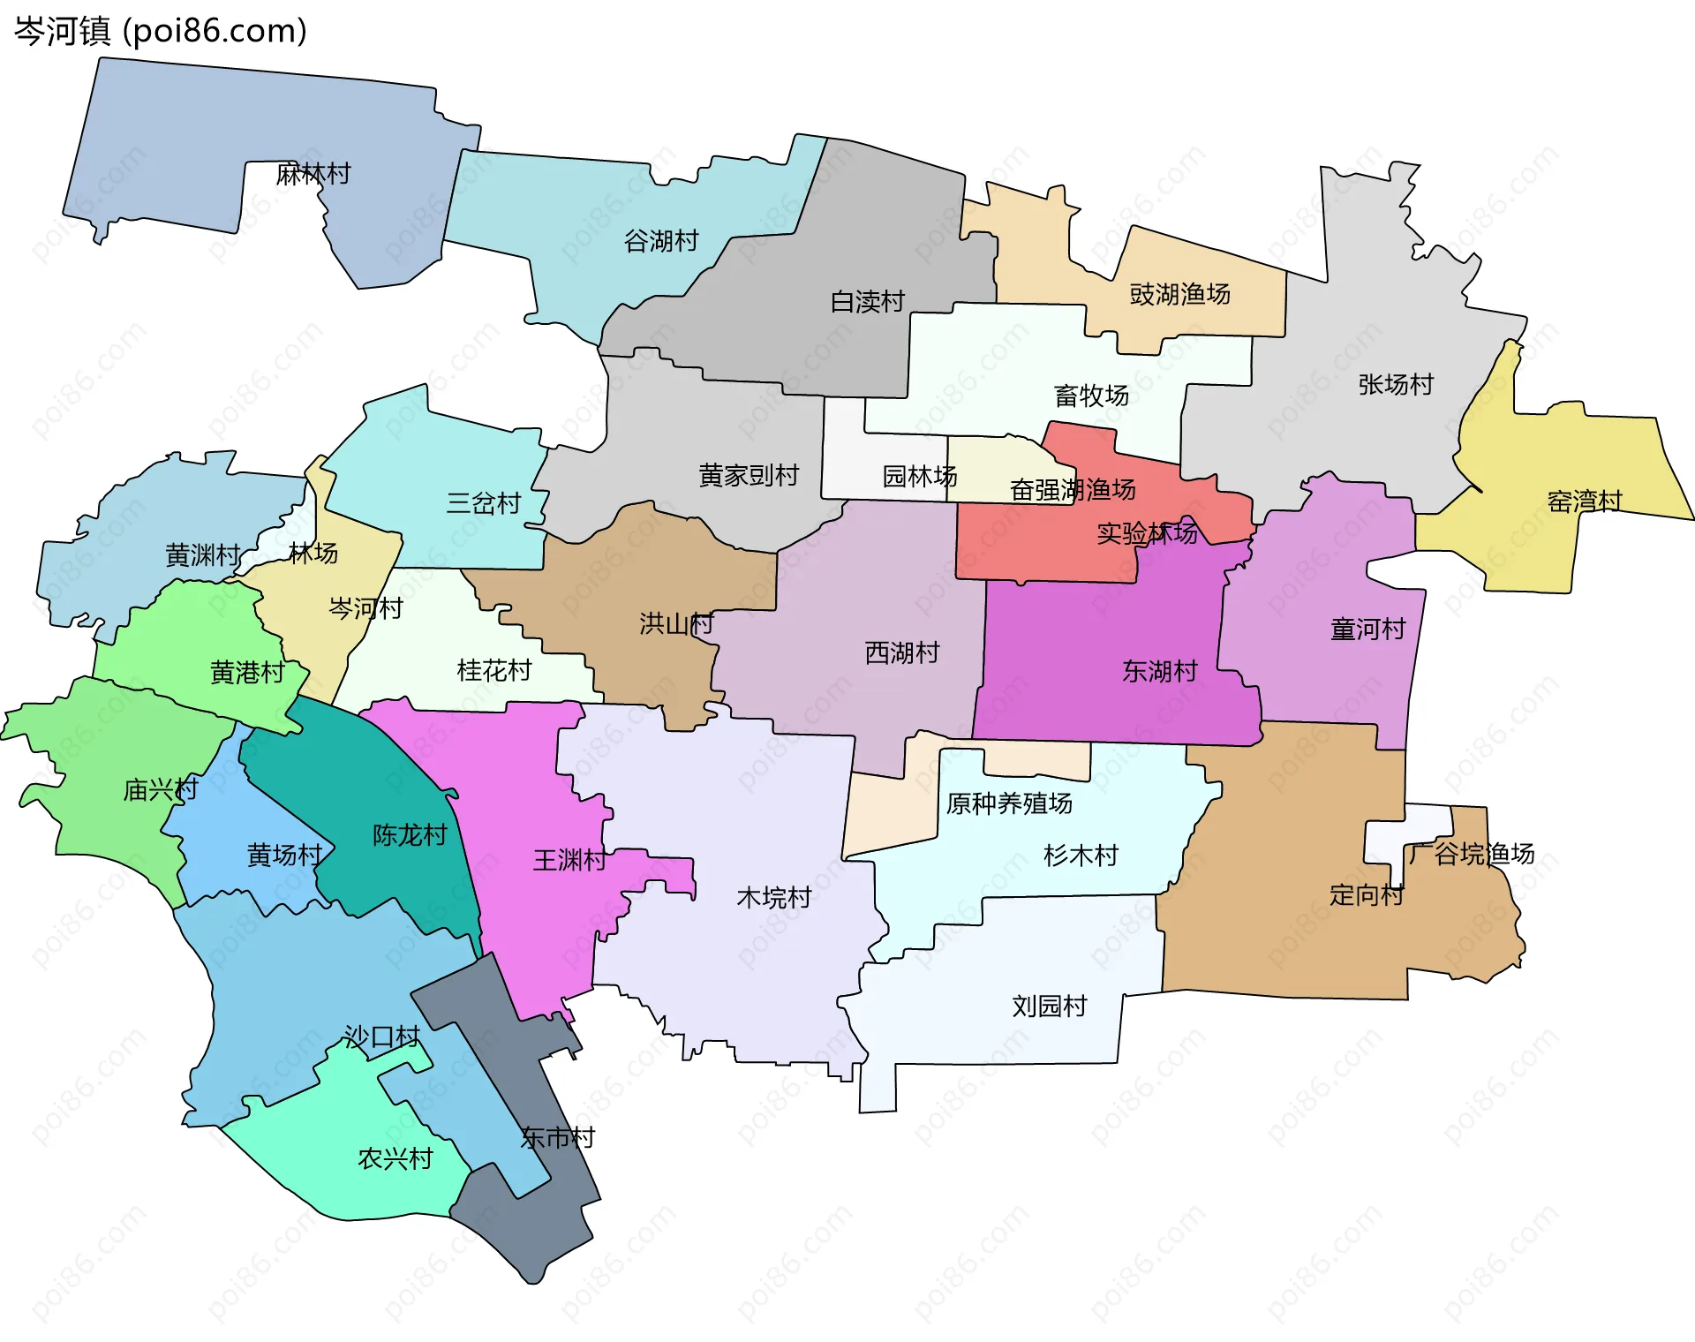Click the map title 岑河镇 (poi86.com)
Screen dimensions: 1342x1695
(161, 31)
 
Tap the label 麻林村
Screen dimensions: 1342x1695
(313, 174)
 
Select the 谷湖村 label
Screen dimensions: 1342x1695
(661, 240)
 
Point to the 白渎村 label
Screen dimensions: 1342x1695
(868, 302)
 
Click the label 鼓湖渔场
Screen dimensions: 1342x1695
(1179, 294)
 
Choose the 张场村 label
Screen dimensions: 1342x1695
(1396, 384)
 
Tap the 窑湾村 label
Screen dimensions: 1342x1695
(1585, 501)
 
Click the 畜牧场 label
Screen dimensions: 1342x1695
(1091, 396)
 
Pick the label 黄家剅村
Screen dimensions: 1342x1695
(749, 475)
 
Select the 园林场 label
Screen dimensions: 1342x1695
(920, 477)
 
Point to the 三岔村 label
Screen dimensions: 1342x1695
(484, 503)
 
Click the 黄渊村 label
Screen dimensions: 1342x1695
(203, 555)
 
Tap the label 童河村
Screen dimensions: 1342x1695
(1367, 630)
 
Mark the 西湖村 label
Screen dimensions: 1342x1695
(902, 653)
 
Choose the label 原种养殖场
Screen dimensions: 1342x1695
(1009, 803)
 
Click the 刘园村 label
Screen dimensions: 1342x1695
(1049, 1006)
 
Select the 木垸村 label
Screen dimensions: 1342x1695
(774, 898)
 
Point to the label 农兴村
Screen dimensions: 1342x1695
(395, 1159)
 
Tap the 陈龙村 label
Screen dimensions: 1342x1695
(410, 835)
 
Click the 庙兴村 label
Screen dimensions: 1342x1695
(161, 789)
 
